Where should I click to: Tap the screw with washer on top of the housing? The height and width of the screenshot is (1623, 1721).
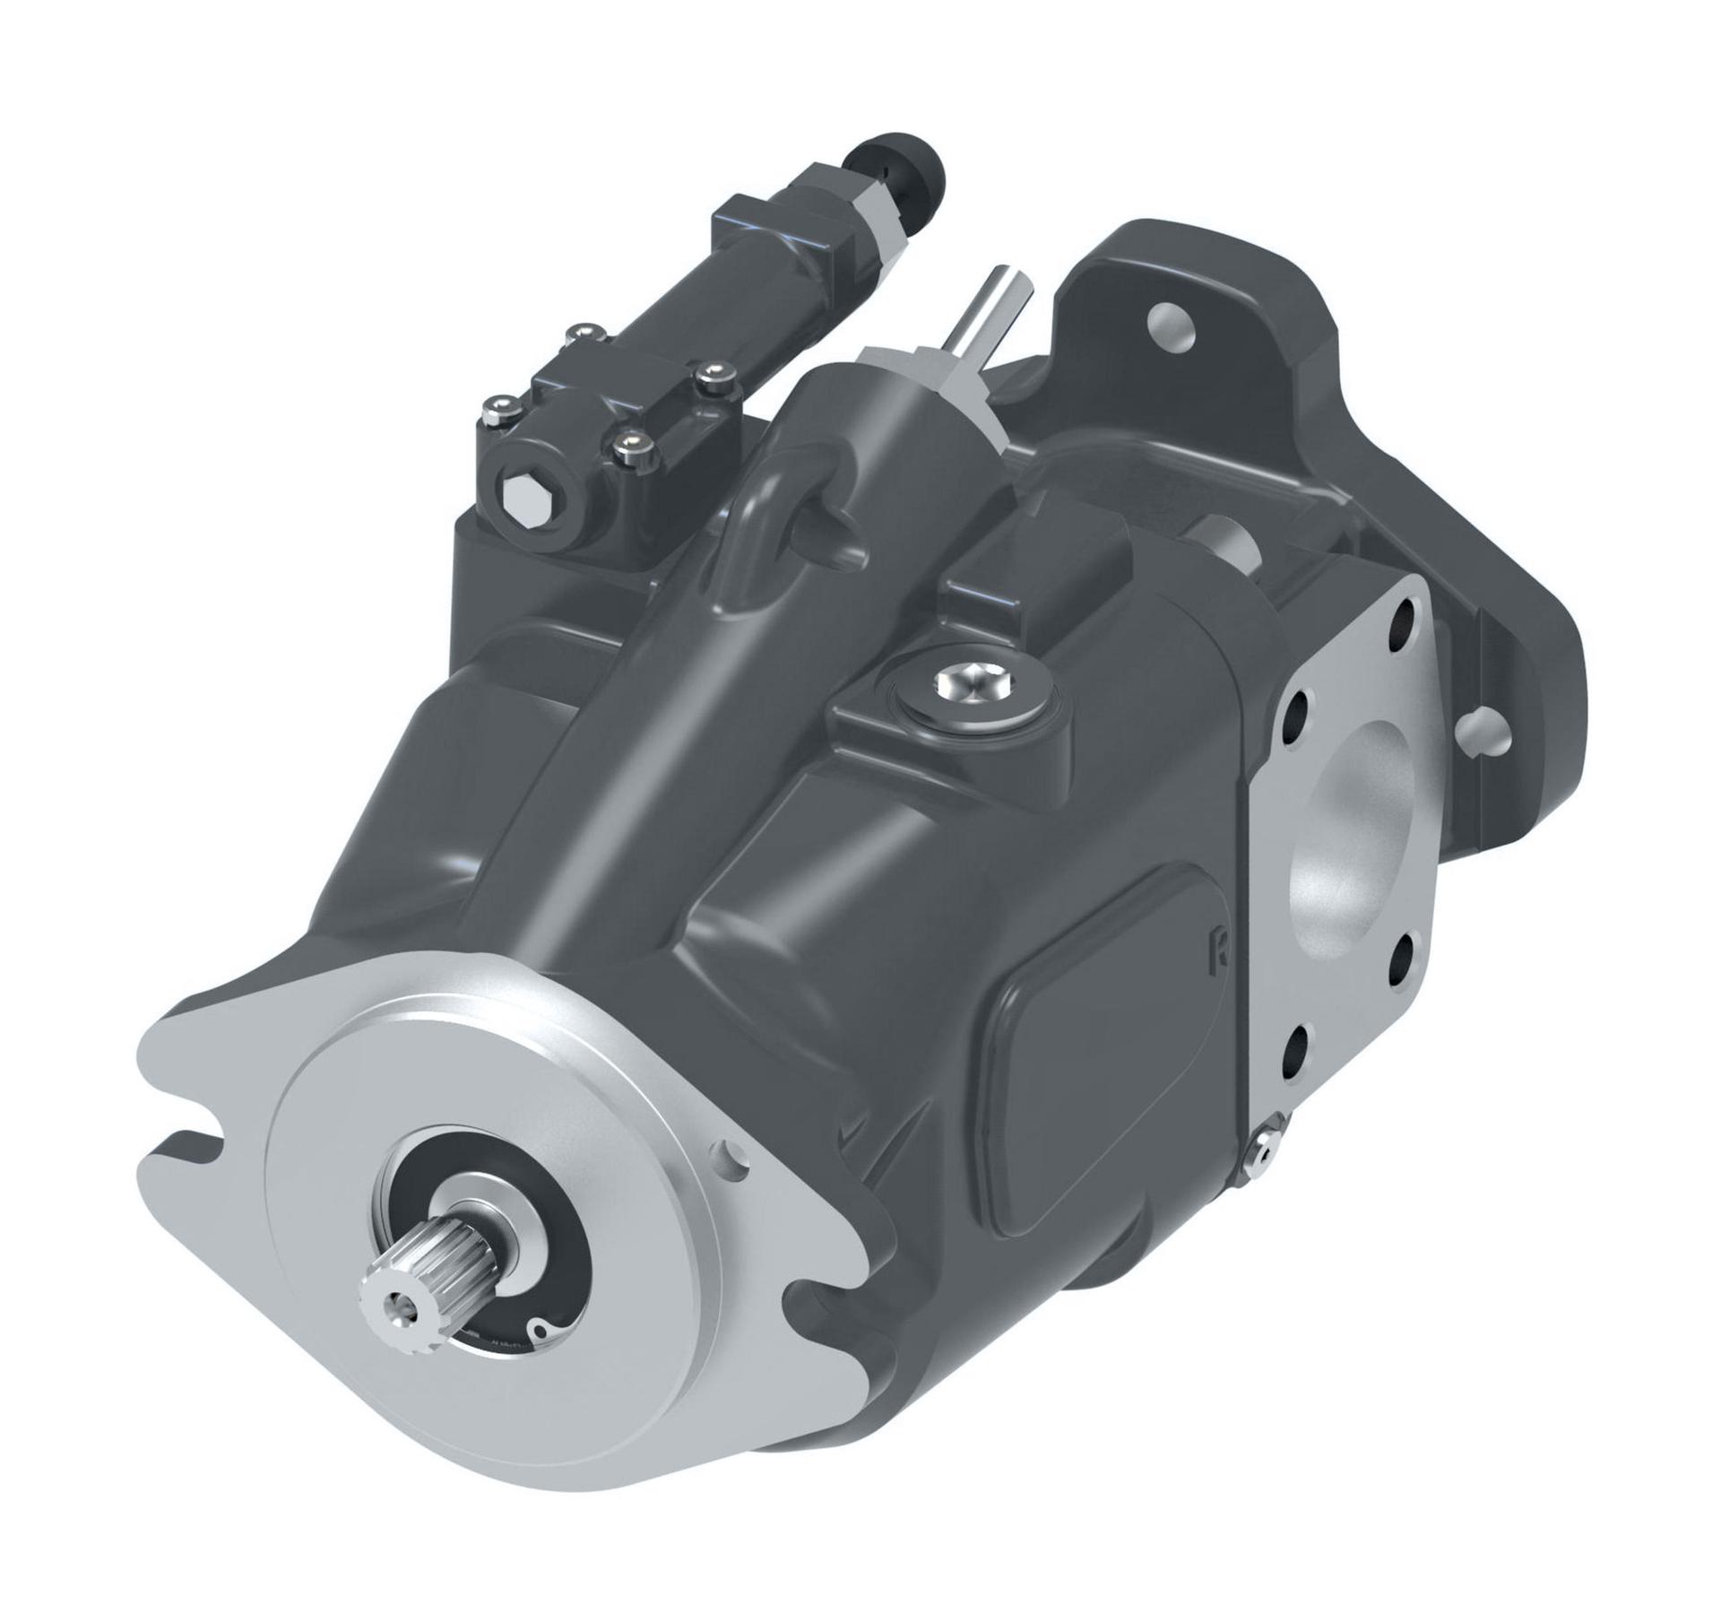click(973, 686)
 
